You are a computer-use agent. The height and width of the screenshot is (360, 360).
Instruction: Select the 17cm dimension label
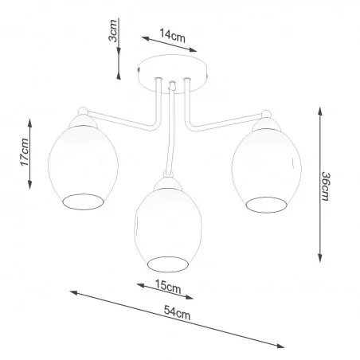[25, 151]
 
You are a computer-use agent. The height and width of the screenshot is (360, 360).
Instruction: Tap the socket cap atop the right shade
[266, 121]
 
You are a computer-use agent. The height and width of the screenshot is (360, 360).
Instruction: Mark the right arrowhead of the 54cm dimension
[284, 346]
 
